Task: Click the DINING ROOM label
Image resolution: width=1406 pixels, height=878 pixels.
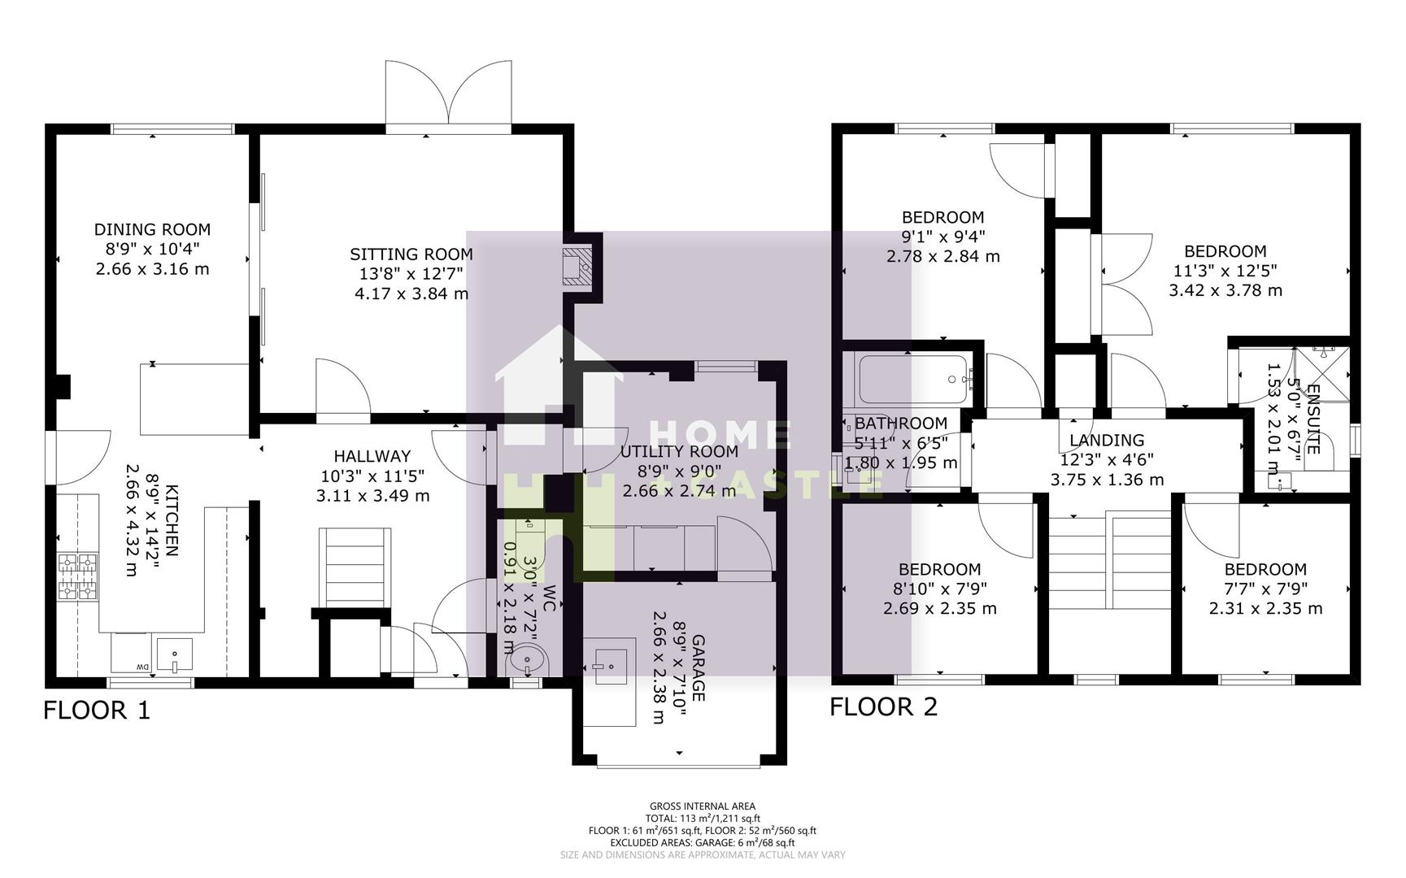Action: (x=152, y=230)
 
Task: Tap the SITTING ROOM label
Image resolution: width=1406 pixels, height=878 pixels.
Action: (x=411, y=254)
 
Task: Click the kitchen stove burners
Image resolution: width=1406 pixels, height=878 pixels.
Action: (x=77, y=576)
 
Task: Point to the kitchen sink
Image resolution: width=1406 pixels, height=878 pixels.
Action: (x=175, y=654)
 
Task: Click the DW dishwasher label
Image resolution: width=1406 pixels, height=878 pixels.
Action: (x=141, y=667)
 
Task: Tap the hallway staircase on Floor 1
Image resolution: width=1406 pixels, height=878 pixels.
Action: (x=355, y=566)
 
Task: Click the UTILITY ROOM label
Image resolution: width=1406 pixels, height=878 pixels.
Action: (x=679, y=451)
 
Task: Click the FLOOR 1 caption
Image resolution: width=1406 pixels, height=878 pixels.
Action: (x=97, y=711)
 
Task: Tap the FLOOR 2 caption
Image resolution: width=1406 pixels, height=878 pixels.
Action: (x=883, y=707)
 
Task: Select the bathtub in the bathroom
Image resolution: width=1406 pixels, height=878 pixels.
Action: (x=913, y=379)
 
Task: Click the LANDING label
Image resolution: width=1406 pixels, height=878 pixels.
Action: (x=1106, y=441)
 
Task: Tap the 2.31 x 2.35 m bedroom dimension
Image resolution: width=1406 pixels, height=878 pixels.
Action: (x=1265, y=609)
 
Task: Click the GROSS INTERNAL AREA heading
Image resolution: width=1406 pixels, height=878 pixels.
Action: (x=703, y=806)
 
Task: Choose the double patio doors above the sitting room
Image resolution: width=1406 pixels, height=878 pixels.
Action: (x=448, y=95)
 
